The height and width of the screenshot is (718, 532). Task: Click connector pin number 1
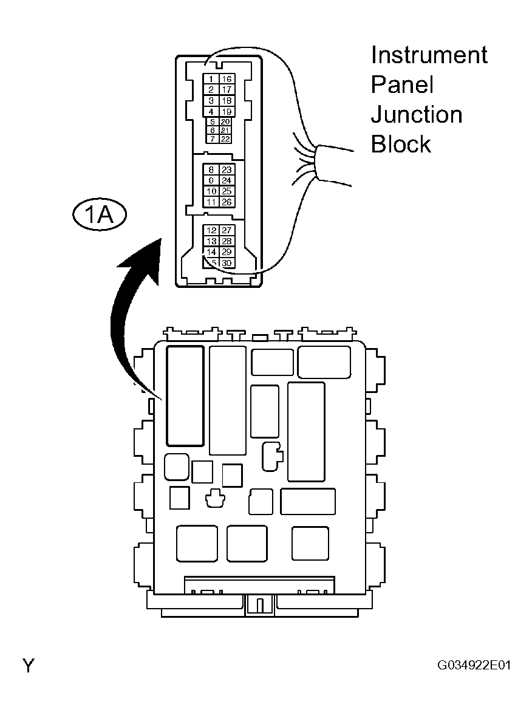point(211,79)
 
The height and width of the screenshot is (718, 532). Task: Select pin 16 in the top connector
point(226,79)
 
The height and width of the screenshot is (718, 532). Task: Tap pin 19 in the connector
point(226,112)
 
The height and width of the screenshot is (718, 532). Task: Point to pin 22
point(225,139)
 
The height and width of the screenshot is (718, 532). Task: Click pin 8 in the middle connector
point(211,170)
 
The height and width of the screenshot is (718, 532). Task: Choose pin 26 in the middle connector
point(226,202)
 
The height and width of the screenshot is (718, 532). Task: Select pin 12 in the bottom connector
point(211,230)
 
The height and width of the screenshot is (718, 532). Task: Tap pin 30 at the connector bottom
point(226,263)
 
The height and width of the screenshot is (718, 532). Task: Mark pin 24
point(226,180)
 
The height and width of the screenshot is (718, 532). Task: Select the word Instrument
point(429,55)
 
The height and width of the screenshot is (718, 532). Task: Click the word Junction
point(416,115)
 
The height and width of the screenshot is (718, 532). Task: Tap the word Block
point(401,145)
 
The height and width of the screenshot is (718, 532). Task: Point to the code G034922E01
point(474,665)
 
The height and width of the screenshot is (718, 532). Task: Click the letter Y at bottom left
point(28,666)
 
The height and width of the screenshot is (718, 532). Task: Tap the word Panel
point(402,85)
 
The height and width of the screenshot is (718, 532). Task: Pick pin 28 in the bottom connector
point(226,241)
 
